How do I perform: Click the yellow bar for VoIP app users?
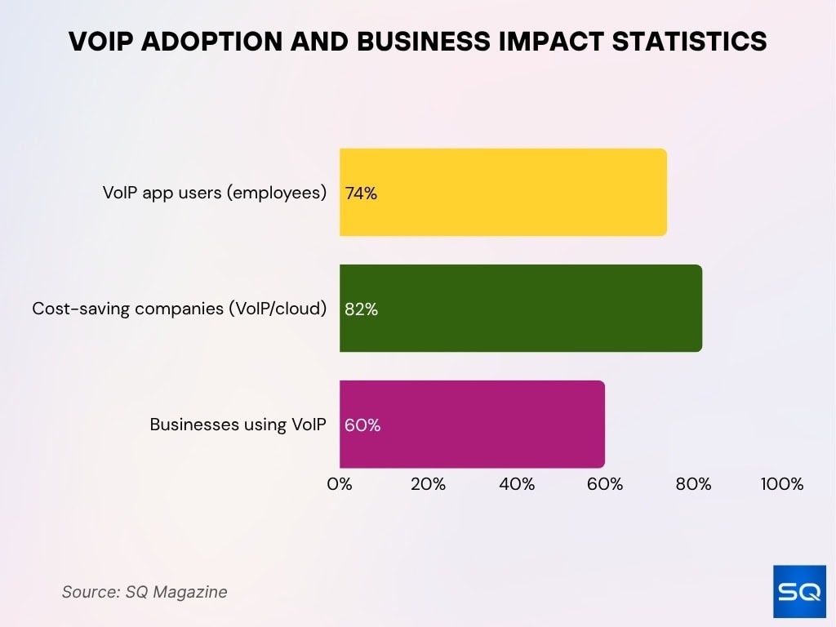click(x=503, y=193)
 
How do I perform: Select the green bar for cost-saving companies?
click(x=521, y=309)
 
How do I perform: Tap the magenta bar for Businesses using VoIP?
click(x=472, y=425)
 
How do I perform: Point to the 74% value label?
click(x=361, y=193)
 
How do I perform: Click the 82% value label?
click(x=361, y=309)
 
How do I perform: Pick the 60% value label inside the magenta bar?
click(x=362, y=425)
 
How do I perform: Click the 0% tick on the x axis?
click(x=340, y=484)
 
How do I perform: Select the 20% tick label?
click(x=428, y=484)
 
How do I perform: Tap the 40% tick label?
click(x=517, y=484)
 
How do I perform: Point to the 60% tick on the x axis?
click(x=605, y=484)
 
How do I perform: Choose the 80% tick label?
click(x=693, y=484)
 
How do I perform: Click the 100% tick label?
click(x=782, y=484)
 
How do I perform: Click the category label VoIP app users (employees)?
click(x=215, y=193)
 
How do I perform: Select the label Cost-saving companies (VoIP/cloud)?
click(x=180, y=309)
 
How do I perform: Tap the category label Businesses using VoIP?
click(x=238, y=425)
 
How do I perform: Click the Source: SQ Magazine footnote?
click(x=145, y=592)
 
